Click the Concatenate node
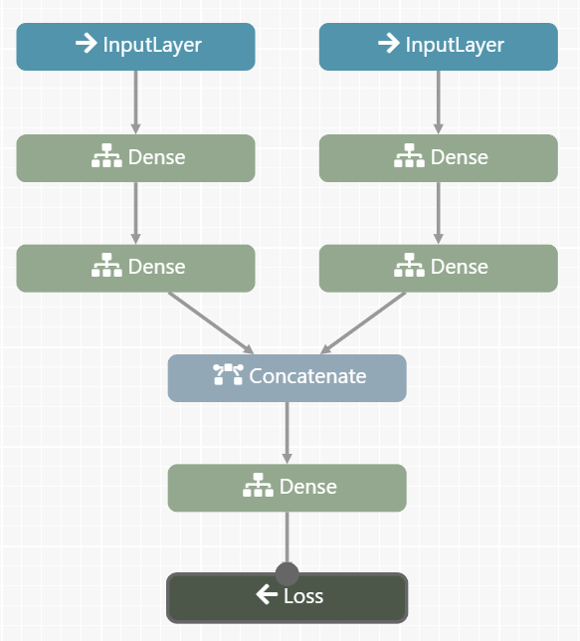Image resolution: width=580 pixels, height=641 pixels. [287, 378]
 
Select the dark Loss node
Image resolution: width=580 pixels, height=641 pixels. [287, 597]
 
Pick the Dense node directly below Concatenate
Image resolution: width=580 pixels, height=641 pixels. [287, 488]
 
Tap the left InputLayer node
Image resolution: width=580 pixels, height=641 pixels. [135, 47]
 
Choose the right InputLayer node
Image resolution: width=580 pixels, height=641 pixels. [438, 47]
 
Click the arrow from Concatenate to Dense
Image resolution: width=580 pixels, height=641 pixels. [287, 433]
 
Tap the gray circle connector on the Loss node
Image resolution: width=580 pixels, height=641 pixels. [287, 573]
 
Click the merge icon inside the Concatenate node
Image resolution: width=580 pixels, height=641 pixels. [228, 374]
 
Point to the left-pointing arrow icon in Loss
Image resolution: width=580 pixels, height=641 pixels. [267, 594]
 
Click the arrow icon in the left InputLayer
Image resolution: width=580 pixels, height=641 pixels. [87, 43]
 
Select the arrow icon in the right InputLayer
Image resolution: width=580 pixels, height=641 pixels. [389, 43]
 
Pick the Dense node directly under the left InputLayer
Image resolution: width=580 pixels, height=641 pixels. [135, 158]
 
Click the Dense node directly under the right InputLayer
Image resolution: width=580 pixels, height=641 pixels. [438, 158]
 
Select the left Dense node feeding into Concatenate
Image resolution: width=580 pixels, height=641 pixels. [135, 268]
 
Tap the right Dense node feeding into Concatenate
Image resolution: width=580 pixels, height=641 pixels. [438, 268]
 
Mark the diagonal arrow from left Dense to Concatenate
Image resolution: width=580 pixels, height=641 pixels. [211, 322]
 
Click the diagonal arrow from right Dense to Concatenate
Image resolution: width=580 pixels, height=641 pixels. [363, 322]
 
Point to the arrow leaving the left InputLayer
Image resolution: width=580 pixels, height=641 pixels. [135, 103]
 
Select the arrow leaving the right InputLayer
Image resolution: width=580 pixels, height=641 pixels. [438, 103]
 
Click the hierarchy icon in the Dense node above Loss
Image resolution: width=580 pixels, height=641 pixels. [258, 485]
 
